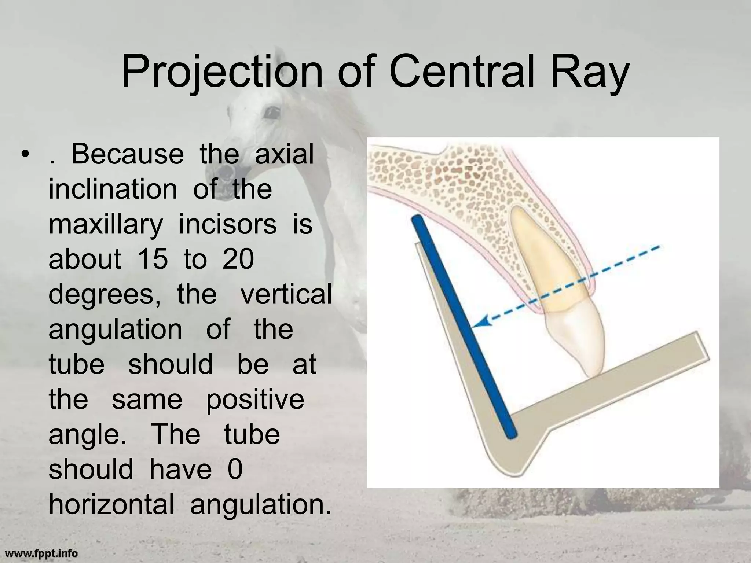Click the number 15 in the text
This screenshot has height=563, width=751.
(x=153, y=259)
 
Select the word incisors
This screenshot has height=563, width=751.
(x=227, y=224)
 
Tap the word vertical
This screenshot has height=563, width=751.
(x=286, y=294)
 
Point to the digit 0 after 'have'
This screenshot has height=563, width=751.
(x=235, y=470)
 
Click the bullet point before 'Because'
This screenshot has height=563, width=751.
(x=25, y=154)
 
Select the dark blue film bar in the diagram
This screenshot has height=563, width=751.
(x=464, y=326)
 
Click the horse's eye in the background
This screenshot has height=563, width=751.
(x=272, y=112)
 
